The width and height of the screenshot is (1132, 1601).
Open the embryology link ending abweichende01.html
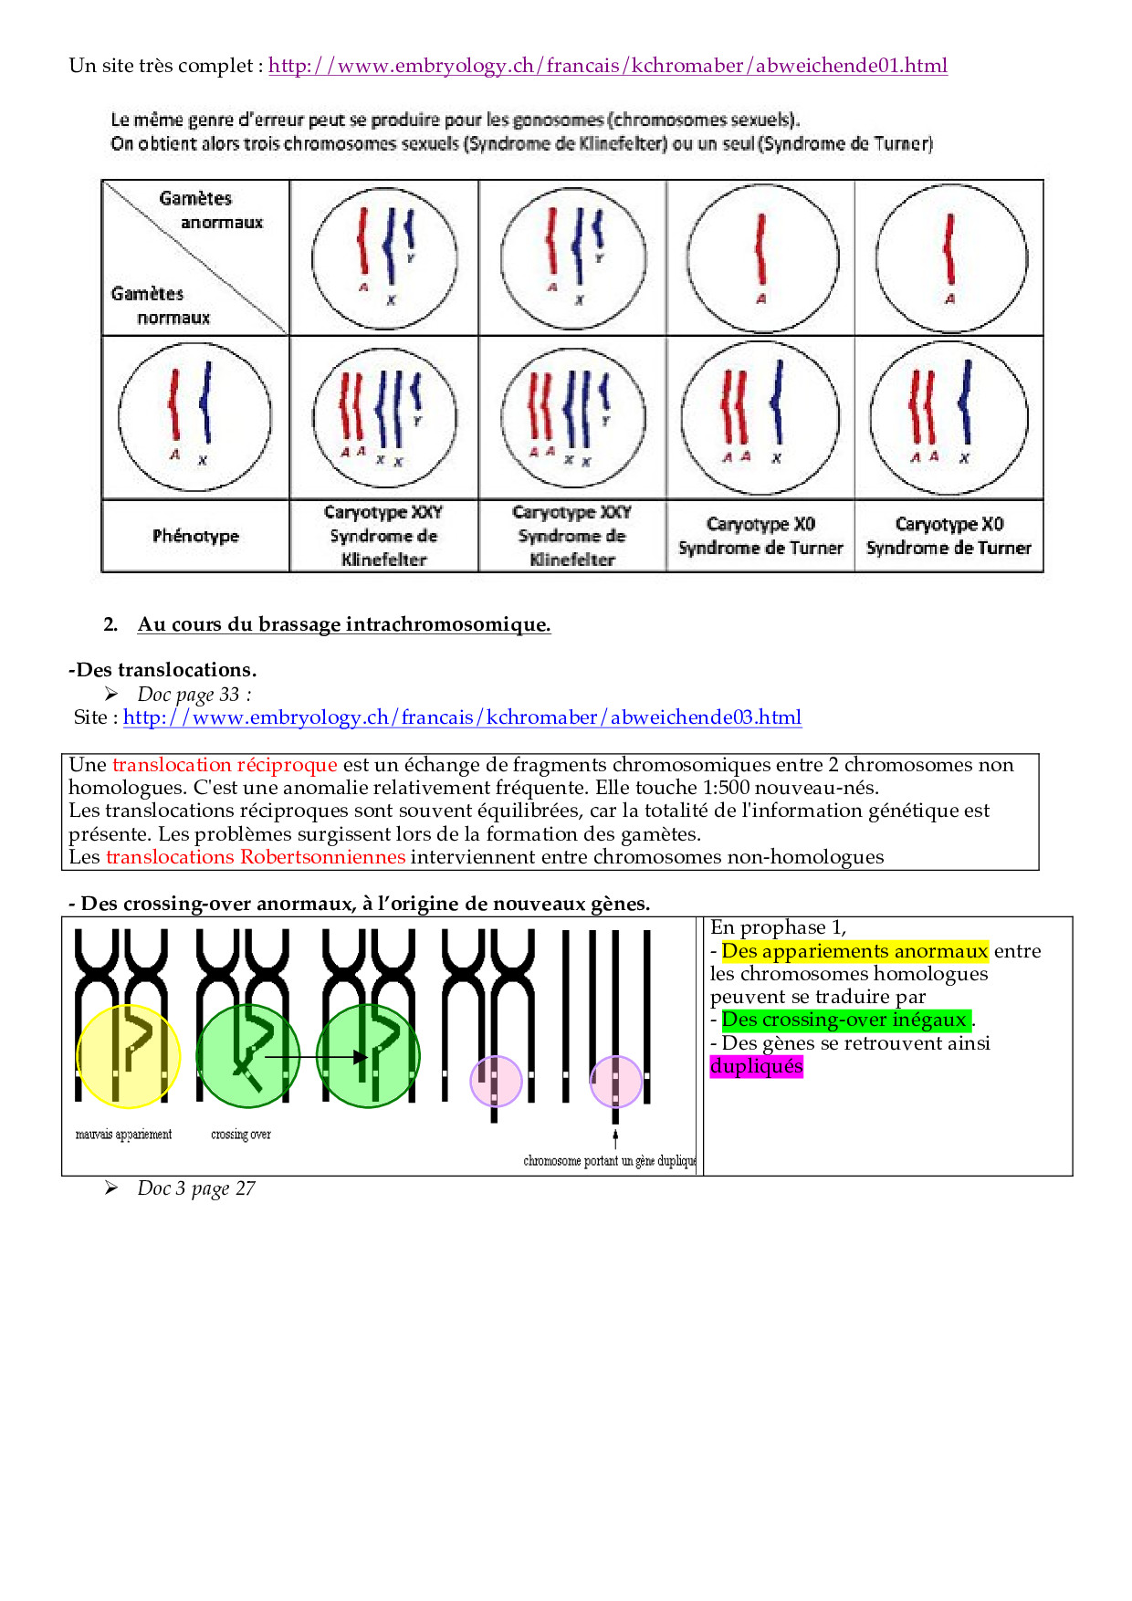tap(607, 66)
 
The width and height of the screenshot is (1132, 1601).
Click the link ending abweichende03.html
tap(462, 717)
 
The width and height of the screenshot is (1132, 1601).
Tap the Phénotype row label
tap(195, 536)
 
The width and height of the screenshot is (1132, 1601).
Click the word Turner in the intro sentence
tap(903, 143)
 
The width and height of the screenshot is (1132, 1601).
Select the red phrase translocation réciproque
tap(225, 765)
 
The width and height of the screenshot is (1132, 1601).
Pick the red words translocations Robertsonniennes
tap(256, 857)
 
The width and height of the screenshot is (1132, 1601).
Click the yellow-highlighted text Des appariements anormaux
tap(854, 951)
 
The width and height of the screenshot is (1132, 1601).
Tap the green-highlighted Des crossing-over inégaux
tap(844, 1020)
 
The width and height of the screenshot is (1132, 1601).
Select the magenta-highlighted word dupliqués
tap(757, 1066)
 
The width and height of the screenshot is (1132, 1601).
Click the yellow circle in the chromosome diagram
tap(129, 1057)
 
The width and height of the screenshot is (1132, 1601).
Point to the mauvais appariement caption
tap(123, 1135)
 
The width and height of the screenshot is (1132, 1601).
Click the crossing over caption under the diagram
tap(241, 1135)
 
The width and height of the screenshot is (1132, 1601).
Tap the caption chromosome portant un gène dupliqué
tap(609, 1161)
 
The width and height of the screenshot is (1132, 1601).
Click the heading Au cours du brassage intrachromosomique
tap(344, 624)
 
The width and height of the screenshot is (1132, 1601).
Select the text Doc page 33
tap(194, 695)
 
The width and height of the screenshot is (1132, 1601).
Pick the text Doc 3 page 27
tap(196, 1188)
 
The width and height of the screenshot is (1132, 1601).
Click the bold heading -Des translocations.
tap(162, 670)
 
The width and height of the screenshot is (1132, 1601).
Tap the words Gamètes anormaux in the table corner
tap(210, 210)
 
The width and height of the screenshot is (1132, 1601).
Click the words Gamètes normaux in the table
tap(160, 306)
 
